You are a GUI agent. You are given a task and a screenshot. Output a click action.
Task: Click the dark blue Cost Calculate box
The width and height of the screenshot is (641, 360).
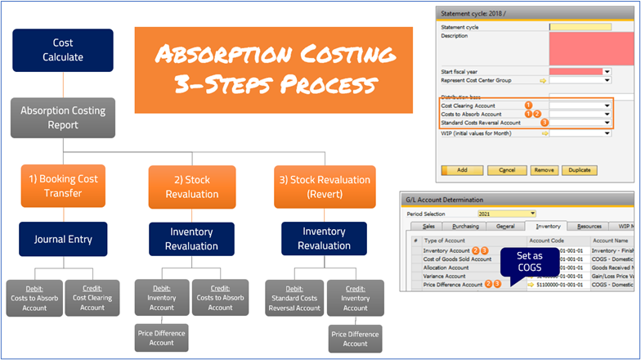pyautogui.click(x=63, y=50)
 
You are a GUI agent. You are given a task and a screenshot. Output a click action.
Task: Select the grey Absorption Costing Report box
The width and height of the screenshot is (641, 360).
pyautogui.click(x=63, y=118)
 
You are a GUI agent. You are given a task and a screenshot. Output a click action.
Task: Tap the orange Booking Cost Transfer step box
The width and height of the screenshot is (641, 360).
pyautogui.click(x=63, y=187)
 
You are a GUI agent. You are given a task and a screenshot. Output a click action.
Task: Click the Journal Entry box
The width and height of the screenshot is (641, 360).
pyautogui.click(x=63, y=240)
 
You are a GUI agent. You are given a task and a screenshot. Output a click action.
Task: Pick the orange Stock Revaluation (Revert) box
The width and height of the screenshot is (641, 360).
pyautogui.click(x=324, y=187)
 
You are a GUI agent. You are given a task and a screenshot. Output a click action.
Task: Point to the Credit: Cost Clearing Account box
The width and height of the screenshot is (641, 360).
pyautogui.click(x=92, y=298)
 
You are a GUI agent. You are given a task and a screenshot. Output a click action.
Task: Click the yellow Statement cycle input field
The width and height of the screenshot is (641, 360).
pyautogui.click(x=580, y=27)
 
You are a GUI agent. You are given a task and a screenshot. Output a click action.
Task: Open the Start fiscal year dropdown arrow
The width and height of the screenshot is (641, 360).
pyautogui.click(x=607, y=71)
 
